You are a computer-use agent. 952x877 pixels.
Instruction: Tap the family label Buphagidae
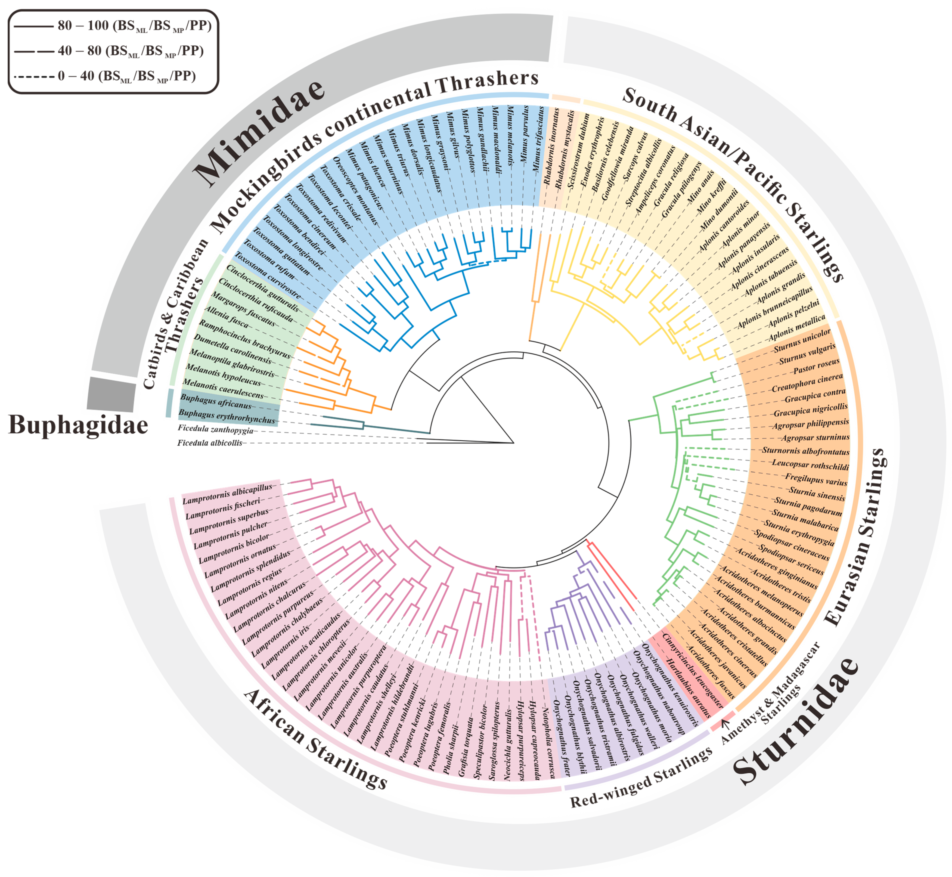tap(78, 425)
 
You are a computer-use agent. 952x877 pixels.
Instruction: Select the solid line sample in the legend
tap(33, 26)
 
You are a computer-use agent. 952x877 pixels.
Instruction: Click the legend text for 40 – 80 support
tap(130, 51)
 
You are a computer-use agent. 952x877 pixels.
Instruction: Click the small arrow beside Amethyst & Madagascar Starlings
tap(725, 723)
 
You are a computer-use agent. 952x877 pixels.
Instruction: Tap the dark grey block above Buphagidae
tap(112, 394)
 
